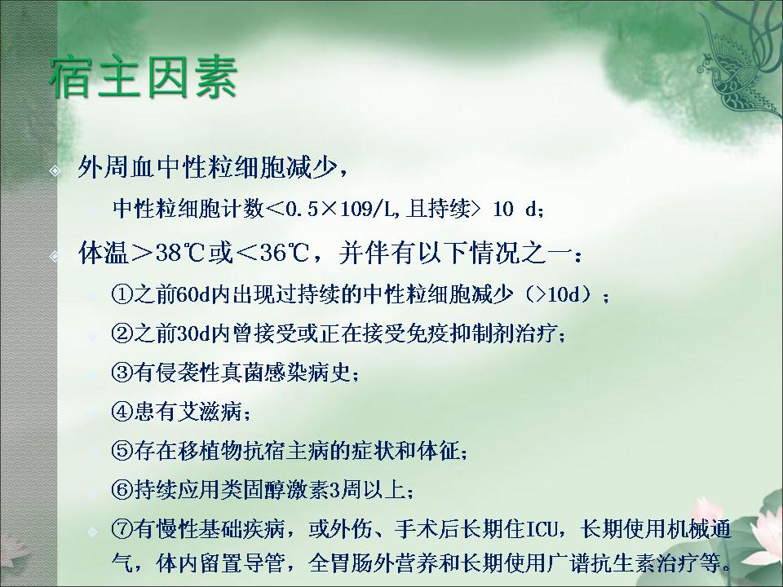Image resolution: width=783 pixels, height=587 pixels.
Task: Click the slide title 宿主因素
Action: pos(144,78)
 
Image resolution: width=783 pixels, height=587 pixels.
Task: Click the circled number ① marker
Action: pos(122,294)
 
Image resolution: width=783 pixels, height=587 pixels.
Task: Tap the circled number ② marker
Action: pos(122,333)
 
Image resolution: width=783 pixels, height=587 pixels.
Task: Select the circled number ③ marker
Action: pos(122,372)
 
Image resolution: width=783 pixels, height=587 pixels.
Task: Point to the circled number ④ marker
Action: pos(122,411)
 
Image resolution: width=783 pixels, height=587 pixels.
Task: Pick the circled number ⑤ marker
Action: pos(122,451)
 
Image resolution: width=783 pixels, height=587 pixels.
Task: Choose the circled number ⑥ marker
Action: pos(122,490)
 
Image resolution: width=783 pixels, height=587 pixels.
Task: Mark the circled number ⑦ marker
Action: pos(122,529)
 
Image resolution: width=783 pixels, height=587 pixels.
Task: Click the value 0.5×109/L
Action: pos(339,209)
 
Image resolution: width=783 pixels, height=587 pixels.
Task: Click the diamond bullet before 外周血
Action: pos(55,170)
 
